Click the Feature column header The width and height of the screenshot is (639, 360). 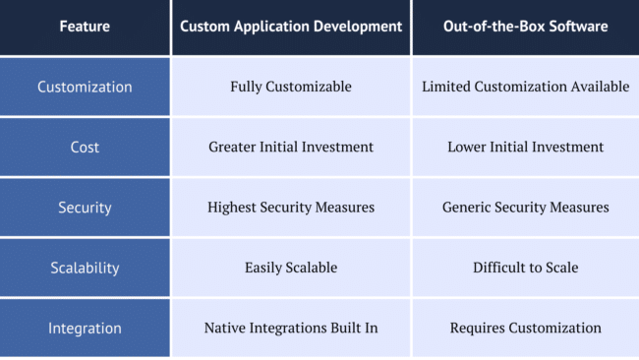85,28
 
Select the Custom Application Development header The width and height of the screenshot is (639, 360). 291,28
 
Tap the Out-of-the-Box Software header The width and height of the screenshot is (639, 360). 525,28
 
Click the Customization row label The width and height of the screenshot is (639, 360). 85,87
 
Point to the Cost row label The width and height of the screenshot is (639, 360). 85,147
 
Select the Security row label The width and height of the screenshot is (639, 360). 85,208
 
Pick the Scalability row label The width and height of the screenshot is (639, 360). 85,268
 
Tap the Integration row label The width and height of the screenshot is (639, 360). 85,328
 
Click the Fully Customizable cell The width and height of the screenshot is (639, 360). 291,87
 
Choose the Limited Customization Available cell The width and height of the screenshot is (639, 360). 525,87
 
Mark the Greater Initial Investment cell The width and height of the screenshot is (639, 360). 291,147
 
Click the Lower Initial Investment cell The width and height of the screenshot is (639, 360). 525,147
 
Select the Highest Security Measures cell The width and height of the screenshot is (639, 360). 291,208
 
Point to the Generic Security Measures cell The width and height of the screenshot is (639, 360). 525,208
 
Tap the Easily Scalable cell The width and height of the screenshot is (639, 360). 291,268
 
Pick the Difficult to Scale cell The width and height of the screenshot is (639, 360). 525,268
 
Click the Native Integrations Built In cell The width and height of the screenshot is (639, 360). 291,328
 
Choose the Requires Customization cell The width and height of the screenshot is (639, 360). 525,328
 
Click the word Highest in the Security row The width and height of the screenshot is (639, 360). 232,208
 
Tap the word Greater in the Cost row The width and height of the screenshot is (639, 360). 233,147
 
